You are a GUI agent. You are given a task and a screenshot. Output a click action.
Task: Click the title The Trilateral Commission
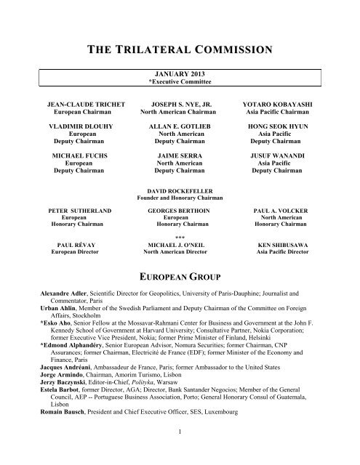point(180,50)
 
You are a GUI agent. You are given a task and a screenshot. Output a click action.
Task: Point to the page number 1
point(180,452)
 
